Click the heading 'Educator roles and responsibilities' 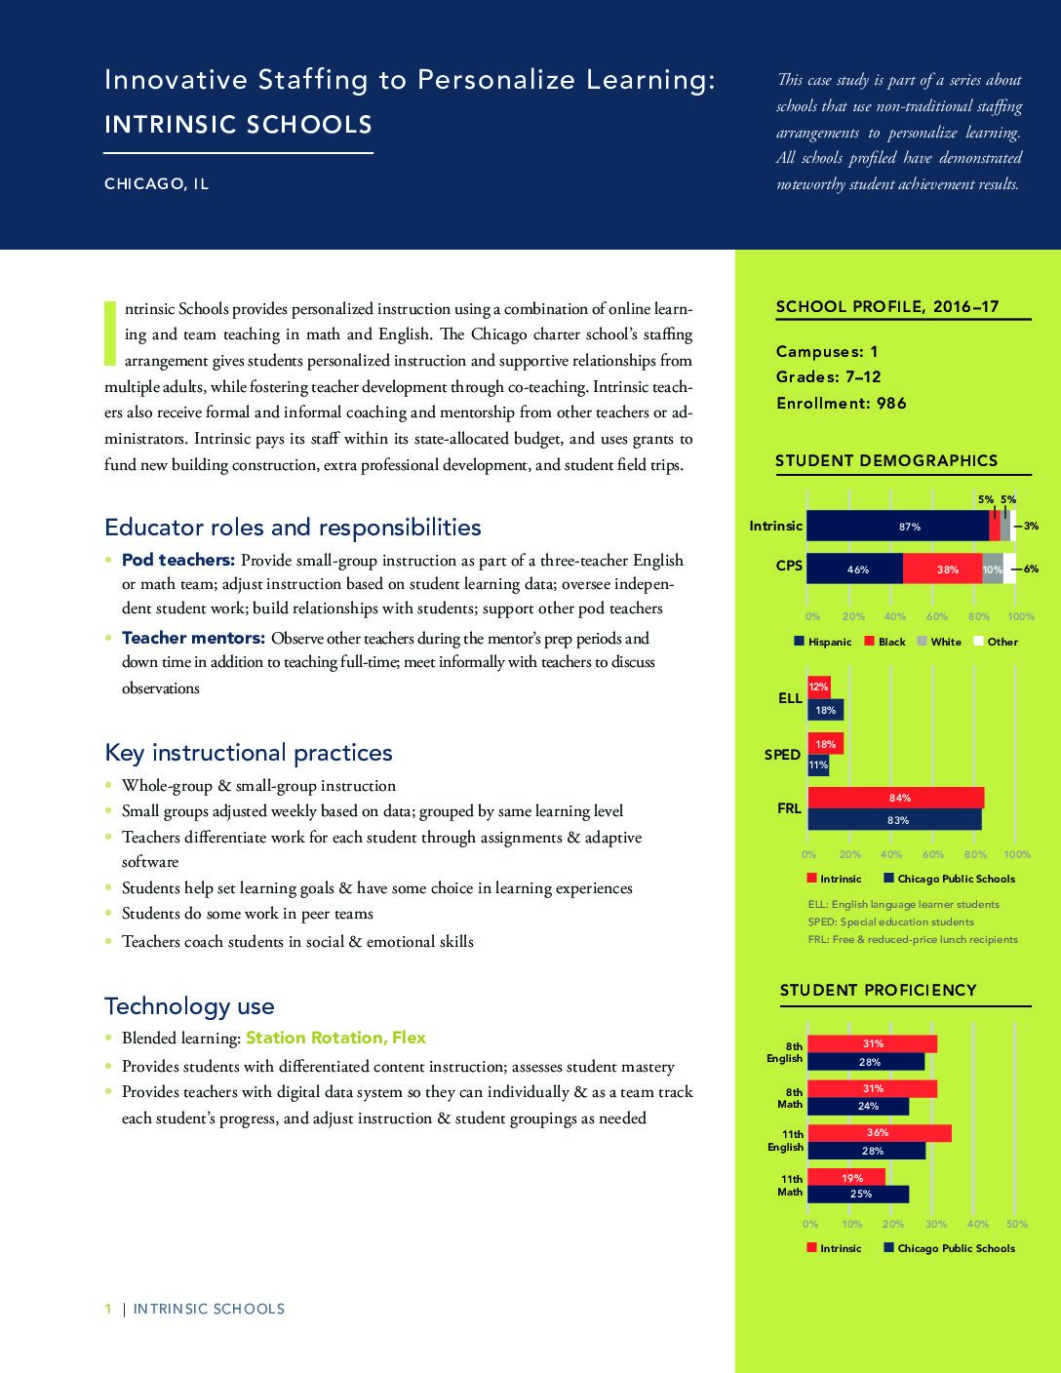(x=293, y=527)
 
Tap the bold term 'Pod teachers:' (x=178, y=560)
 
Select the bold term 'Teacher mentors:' (x=193, y=638)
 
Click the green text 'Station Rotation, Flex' (x=335, y=1038)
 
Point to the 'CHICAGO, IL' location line (x=157, y=184)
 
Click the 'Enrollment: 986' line (x=841, y=403)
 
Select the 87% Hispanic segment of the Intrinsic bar (x=898, y=526)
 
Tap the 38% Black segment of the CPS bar (x=943, y=569)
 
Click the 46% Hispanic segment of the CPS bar (x=855, y=569)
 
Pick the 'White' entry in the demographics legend (x=939, y=642)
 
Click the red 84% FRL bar (x=896, y=798)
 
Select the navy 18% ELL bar (x=825, y=710)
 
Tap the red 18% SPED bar (x=825, y=744)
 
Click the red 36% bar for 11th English (x=880, y=1133)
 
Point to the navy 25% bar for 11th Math (x=858, y=1194)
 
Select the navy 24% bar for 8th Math (x=858, y=1106)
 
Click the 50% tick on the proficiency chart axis (x=1017, y=1224)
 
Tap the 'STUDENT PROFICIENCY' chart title (x=879, y=990)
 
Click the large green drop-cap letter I (x=110, y=333)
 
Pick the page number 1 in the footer (x=108, y=1309)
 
